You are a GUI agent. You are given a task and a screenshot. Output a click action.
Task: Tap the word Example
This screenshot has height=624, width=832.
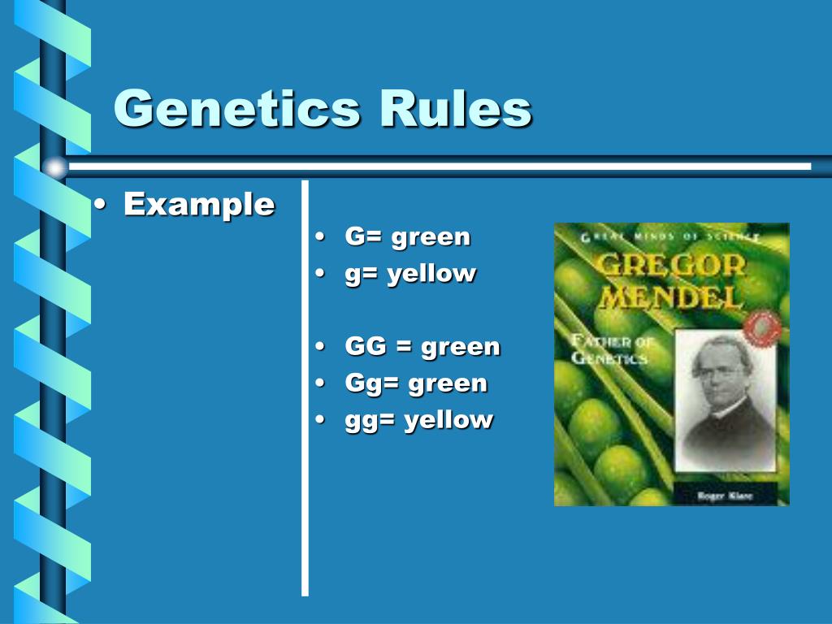click(x=199, y=204)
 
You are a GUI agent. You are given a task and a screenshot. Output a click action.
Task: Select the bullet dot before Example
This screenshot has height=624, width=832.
click(x=100, y=205)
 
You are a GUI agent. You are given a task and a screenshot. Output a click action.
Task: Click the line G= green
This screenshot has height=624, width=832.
click(x=407, y=237)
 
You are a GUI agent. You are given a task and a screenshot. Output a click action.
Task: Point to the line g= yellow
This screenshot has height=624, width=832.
click(x=409, y=274)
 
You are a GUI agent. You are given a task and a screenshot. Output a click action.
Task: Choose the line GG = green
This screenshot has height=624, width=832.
click(x=422, y=347)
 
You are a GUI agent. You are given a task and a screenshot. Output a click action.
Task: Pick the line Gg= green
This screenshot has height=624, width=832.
click(x=415, y=383)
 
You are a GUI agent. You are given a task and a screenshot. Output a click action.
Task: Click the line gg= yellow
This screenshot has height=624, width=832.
click(x=418, y=420)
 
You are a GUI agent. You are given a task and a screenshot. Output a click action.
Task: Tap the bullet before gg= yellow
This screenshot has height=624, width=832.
click(x=320, y=420)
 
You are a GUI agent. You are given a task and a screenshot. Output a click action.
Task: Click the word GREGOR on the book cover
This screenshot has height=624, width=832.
click(x=670, y=266)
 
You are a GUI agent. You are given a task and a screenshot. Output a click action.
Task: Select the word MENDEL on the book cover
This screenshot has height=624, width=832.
click(x=670, y=297)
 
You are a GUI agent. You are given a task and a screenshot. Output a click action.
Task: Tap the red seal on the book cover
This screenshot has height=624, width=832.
click(x=762, y=327)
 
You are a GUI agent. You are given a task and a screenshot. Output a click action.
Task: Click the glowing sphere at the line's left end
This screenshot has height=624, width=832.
click(x=55, y=167)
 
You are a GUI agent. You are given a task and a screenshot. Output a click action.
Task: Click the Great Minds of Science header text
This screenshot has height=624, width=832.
click(x=670, y=236)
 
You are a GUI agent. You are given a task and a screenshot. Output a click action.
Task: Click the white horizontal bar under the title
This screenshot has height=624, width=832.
click(x=439, y=167)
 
